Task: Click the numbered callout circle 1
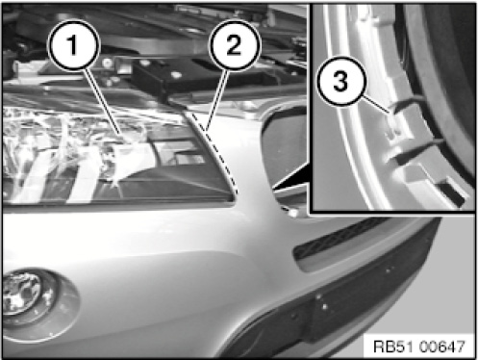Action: point(73,44)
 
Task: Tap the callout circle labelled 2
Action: point(234,44)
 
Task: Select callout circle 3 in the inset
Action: point(340,81)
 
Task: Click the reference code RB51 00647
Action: point(418,347)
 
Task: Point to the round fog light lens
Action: point(24,297)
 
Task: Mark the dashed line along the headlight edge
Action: point(214,152)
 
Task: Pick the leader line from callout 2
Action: point(217,101)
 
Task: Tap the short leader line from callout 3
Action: point(377,104)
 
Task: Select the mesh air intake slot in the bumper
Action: point(339,242)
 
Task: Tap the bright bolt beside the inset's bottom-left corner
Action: point(292,212)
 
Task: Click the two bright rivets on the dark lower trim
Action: point(321,302)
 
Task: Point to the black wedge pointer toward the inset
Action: point(290,177)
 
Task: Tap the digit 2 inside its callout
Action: point(234,45)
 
